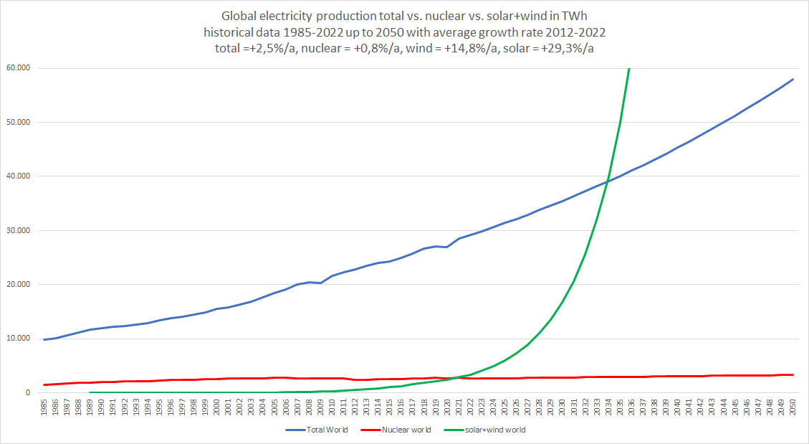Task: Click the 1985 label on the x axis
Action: click(45, 408)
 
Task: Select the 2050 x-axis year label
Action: click(792, 408)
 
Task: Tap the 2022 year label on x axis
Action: click(470, 408)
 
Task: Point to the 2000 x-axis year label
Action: click(217, 408)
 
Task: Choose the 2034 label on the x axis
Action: click(608, 408)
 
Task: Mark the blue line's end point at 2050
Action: click(792, 79)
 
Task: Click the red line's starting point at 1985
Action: click(45, 384)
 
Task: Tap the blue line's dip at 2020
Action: click(447, 247)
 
